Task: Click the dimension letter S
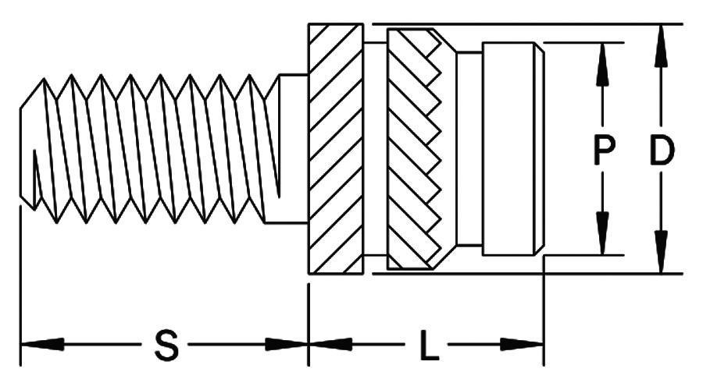pos(166,346)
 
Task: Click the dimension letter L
pos(429,346)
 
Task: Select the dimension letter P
pos(604,150)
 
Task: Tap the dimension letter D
pos(662,150)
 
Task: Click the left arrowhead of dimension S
pos(43,344)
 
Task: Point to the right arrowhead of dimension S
pos(286,344)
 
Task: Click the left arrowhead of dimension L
pos(331,344)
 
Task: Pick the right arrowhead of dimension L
pos(522,344)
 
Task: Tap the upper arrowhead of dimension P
pos(603,64)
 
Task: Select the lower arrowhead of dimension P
pos(603,234)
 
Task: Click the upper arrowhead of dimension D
pos(660,46)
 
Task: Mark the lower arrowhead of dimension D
pos(660,252)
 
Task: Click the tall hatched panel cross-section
pos(336,149)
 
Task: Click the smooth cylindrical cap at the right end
pos(513,149)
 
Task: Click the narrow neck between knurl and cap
pos(469,149)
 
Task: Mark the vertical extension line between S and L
pos(309,324)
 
